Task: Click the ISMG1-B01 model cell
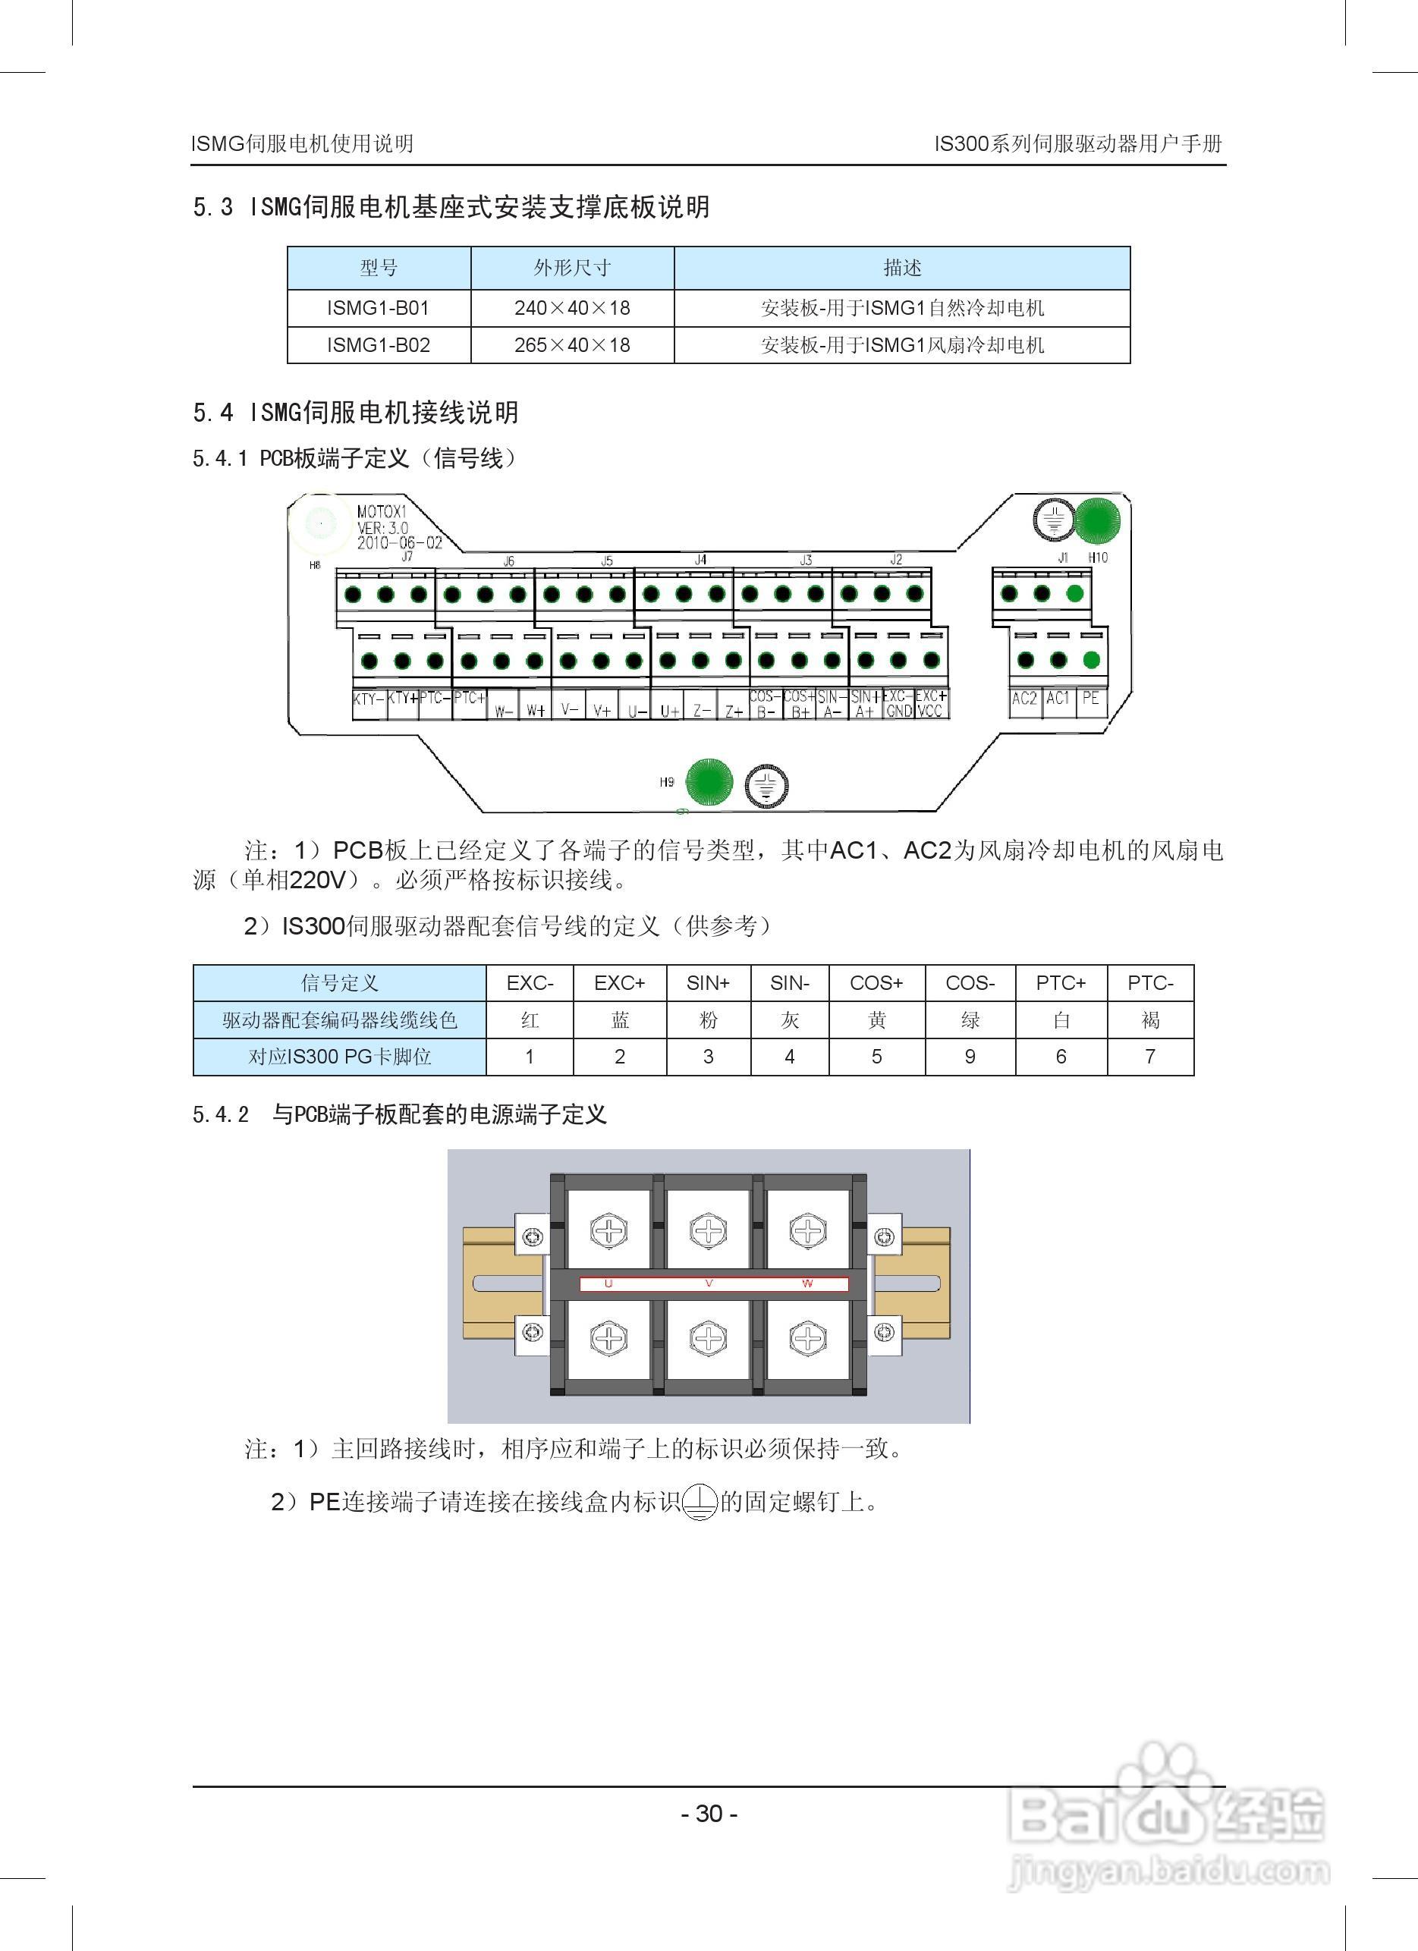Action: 378,308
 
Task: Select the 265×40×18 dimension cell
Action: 572,345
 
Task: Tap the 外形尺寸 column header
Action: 572,268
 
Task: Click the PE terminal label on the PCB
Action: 1091,699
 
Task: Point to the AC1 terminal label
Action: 1058,699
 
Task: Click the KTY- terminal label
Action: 367,699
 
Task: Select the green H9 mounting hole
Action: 708,784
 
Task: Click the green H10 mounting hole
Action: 1098,520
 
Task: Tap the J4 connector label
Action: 700,560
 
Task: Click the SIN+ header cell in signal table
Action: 708,983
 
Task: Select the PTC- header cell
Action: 1150,983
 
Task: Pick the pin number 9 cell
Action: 970,1057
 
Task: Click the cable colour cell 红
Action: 530,1020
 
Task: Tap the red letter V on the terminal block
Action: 709,1283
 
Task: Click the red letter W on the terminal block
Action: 807,1283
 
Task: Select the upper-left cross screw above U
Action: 608,1231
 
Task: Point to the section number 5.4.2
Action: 221,1115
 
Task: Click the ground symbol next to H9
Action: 766,785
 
